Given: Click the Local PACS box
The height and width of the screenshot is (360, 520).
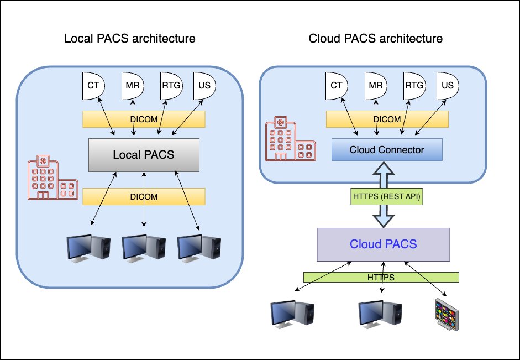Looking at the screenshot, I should pyautogui.click(x=143, y=155).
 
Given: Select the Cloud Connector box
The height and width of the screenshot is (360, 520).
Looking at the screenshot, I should pyautogui.click(x=387, y=150).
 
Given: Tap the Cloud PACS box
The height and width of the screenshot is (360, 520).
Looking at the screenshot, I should pyautogui.click(x=383, y=244).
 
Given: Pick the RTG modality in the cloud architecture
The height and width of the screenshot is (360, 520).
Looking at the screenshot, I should pyautogui.click(x=414, y=86).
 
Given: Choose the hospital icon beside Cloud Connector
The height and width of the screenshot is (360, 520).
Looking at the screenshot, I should pyautogui.click(x=290, y=139).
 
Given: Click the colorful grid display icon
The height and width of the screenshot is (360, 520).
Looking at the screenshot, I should pyautogui.click(x=447, y=314).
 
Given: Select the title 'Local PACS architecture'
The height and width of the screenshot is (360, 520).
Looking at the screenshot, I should pyautogui.click(x=130, y=39).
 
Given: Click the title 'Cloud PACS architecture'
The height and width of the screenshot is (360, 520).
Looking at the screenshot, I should pyautogui.click(x=375, y=39).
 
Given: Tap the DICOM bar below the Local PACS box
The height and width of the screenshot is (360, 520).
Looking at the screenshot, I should pyautogui.click(x=144, y=197).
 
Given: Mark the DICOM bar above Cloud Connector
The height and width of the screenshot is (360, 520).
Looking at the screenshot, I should pyautogui.click(x=387, y=119).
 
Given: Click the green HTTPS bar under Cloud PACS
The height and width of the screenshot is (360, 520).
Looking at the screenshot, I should pyautogui.click(x=381, y=277).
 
